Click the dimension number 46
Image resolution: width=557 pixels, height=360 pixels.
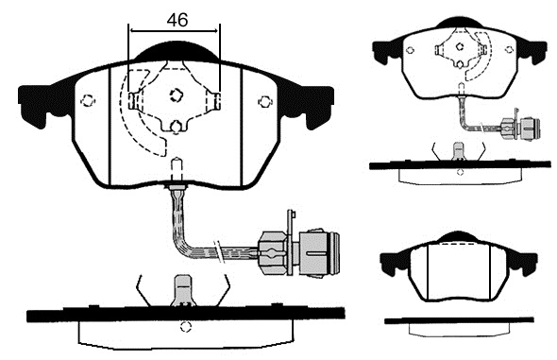pyautogui.click(x=177, y=20)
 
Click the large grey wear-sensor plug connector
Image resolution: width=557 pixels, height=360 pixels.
pyautogui.click(x=299, y=253)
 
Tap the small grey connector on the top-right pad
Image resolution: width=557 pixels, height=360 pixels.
pyautogui.click(x=521, y=127)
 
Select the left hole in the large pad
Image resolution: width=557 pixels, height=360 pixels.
pyautogui.click(x=88, y=100)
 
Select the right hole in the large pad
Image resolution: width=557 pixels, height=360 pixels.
pyautogui.click(x=264, y=102)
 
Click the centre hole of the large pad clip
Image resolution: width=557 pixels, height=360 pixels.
pyautogui.click(x=177, y=95)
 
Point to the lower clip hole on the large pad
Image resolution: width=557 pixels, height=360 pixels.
pyautogui.click(x=177, y=127)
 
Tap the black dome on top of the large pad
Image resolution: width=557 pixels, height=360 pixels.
pyautogui.click(x=177, y=52)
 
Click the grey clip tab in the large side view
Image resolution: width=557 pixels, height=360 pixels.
pyautogui.click(x=183, y=290)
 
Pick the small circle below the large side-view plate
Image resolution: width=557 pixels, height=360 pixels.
pyautogui.click(x=185, y=327)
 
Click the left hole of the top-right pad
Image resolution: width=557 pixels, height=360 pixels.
pyautogui.click(x=411, y=50)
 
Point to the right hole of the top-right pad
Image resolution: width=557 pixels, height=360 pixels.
pyautogui.click(x=509, y=49)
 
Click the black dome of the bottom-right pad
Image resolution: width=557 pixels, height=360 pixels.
pyautogui.click(x=459, y=237)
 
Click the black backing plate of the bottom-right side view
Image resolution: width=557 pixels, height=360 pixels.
pyautogui.click(x=459, y=320)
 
